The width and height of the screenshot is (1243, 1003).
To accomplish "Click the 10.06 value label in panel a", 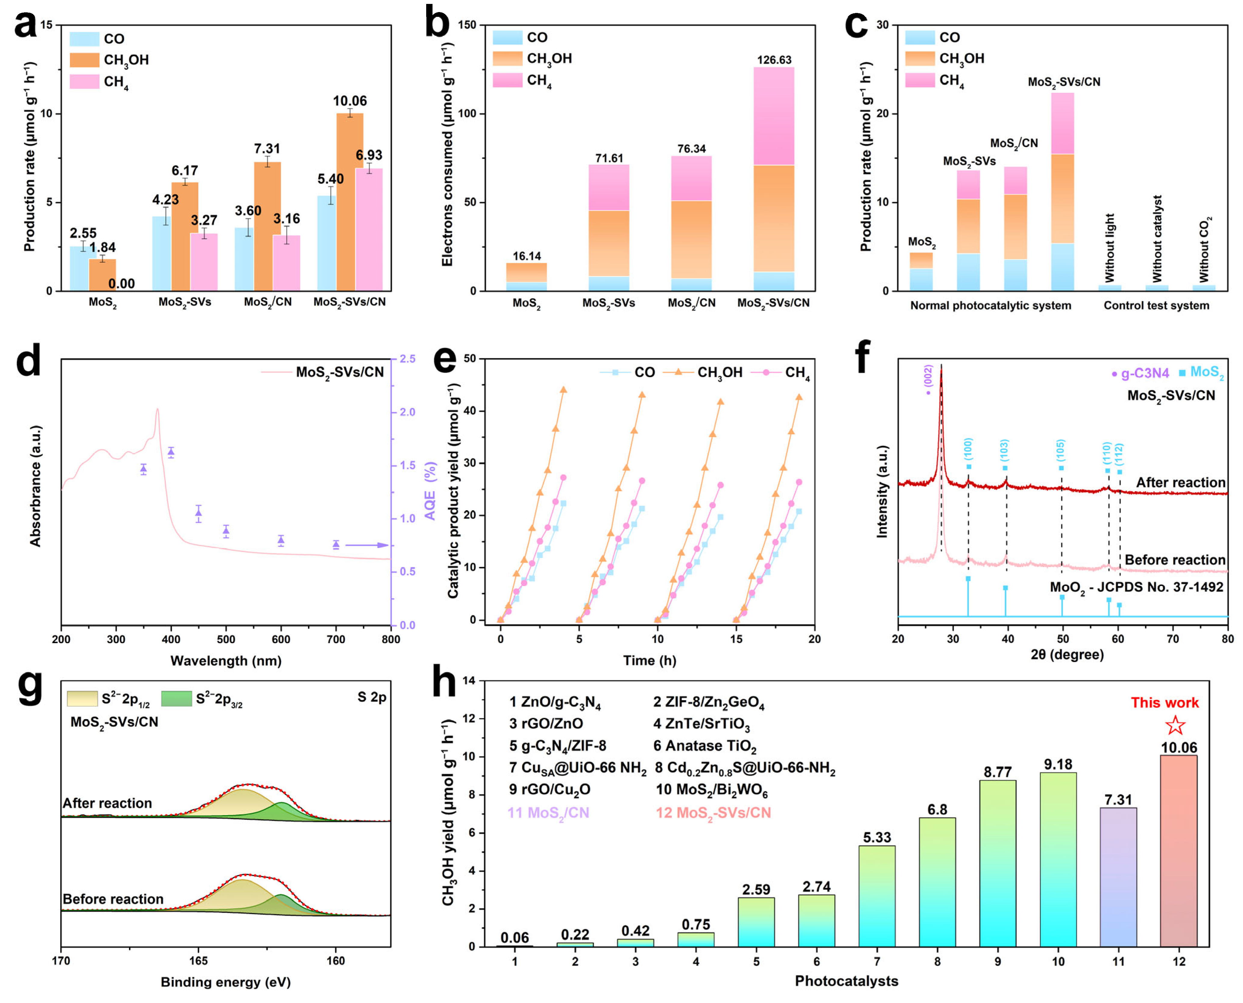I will (350, 101).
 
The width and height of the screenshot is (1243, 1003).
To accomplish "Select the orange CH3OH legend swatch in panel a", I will (84, 60).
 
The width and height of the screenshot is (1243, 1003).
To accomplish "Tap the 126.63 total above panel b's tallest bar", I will (774, 60).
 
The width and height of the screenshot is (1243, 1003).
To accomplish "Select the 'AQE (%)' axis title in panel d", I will (430, 491).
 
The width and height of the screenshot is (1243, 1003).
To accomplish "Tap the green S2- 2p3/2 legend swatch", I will (176, 698).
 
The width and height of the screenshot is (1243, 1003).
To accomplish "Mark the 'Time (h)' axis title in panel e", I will (649, 661).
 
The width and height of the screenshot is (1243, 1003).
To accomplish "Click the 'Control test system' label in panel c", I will (1156, 306).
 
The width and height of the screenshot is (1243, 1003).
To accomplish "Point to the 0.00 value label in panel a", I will (121, 284).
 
